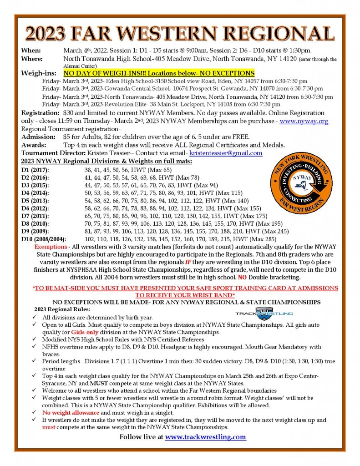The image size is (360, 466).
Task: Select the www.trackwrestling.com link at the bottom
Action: [x=205, y=437]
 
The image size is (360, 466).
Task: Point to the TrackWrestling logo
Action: [x=264, y=314]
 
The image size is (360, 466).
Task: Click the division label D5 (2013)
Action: [x=35, y=201]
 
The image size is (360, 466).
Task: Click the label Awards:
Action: [x=34, y=145]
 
